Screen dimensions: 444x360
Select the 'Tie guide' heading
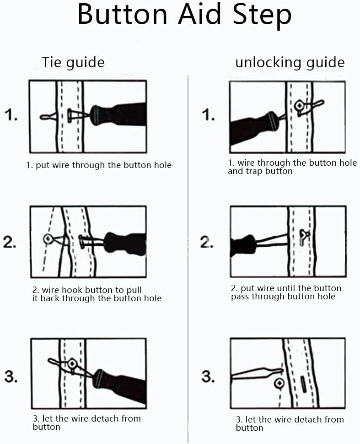pos(73,62)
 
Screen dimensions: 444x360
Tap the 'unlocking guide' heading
pos(290,62)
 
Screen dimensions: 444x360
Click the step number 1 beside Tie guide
pos(11,115)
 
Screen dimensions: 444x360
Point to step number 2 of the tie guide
pos(11,241)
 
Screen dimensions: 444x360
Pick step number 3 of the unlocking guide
pos(208,376)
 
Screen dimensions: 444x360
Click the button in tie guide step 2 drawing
pos(48,238)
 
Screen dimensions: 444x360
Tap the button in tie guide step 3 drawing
pos(72,364)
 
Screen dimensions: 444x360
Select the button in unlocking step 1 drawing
pos(300,106)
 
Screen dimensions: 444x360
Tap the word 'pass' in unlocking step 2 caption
pos(240,297)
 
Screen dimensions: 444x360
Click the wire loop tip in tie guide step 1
pos(44,117)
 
